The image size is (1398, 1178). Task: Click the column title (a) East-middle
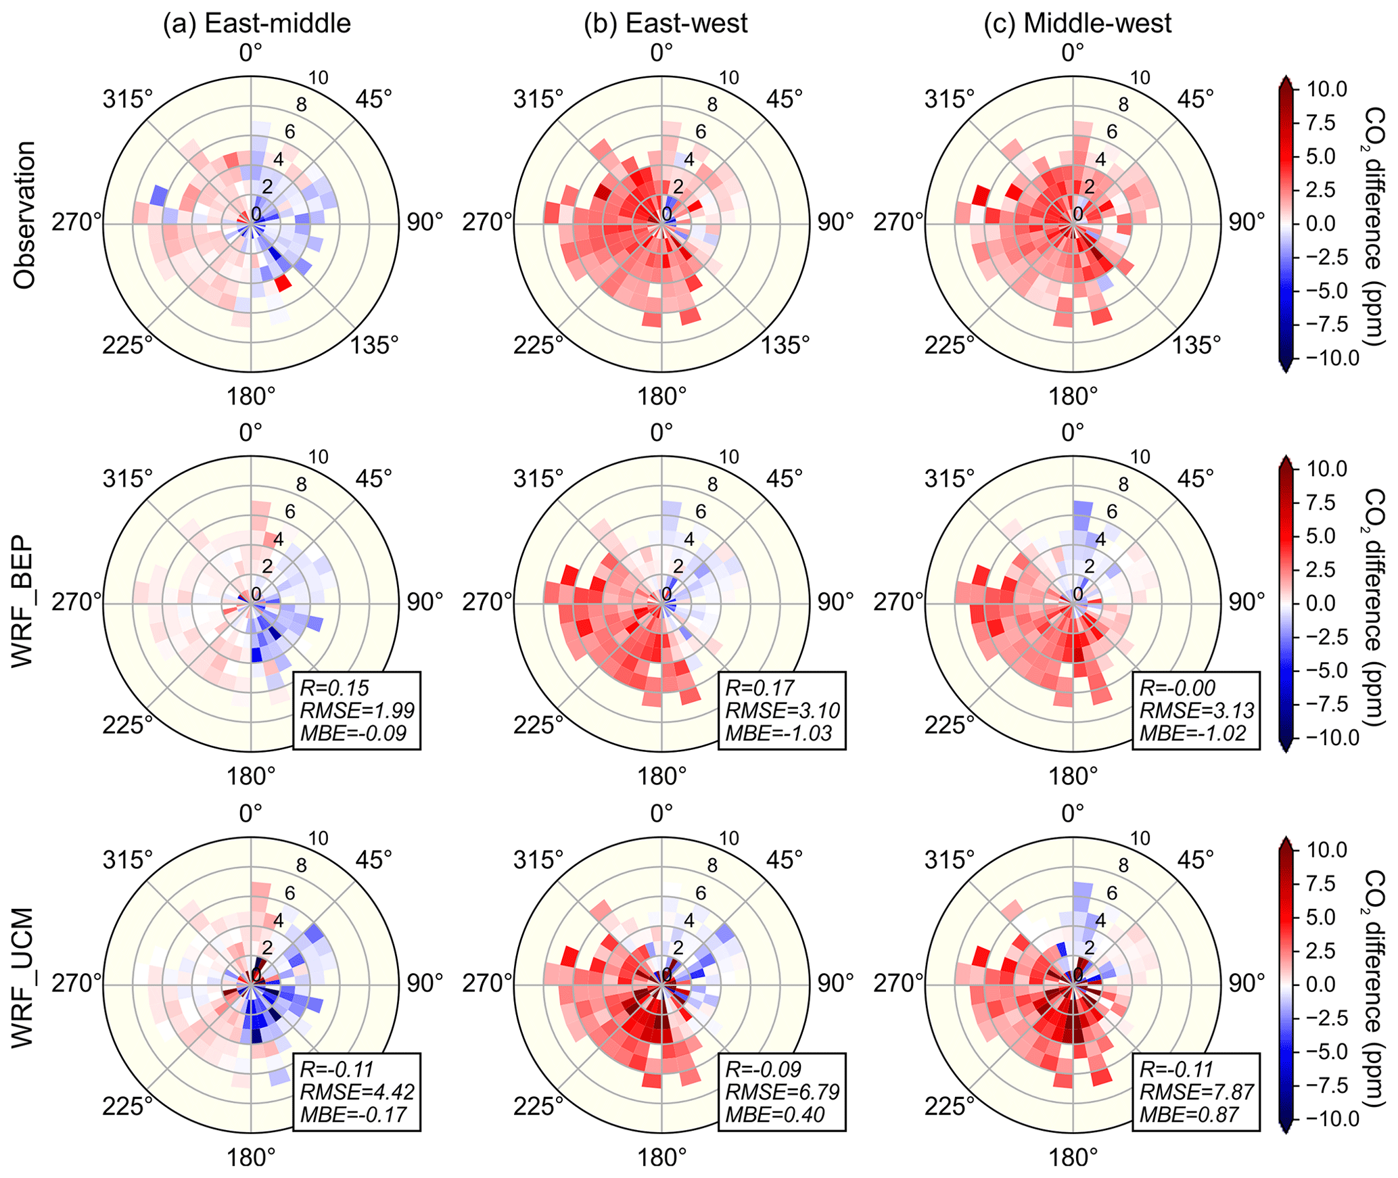(257, 24)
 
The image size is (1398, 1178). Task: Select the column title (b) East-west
(666, 24)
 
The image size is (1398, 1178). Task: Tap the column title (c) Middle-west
(1077, 24)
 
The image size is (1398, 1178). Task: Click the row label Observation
(25, 215)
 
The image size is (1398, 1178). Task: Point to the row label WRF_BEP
(25, 601)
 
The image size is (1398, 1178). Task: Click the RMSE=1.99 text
(356, 711)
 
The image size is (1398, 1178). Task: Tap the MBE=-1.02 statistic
(1192, 734)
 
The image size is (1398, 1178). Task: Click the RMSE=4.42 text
(356, 1092)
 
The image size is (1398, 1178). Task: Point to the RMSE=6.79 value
(782, 1092)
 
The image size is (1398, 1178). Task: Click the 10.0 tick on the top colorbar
(1327, 89)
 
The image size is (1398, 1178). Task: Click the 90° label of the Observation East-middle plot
(425, 222)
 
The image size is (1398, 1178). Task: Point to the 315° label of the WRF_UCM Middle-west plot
(950, 861)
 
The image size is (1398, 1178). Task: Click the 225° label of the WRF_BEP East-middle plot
(128, 726)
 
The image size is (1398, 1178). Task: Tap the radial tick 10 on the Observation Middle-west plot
(1140, 78)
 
